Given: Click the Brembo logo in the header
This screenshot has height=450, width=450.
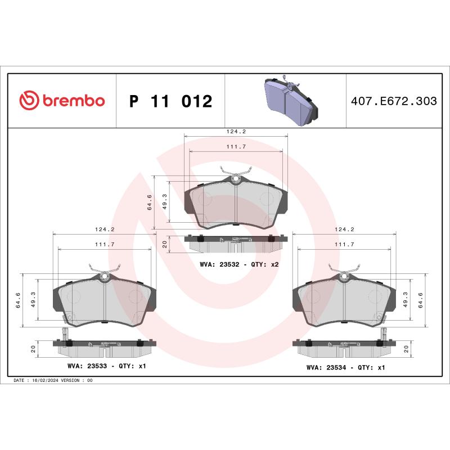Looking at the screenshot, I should [x=62, y=101].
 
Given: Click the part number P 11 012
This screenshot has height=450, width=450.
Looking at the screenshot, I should [x=170, y=101].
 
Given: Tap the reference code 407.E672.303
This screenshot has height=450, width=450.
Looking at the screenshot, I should [x=393, y=101].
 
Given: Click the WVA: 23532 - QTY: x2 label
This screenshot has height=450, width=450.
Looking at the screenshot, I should [x=240, y=264].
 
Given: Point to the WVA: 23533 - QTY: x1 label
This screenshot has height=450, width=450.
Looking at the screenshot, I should [x=107, y=366].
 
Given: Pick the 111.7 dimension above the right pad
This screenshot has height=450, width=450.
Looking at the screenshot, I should [x=344, y=244].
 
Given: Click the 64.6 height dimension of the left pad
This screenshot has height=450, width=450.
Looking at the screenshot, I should [x=19, y=300].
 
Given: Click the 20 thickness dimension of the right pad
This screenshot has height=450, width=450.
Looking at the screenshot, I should [x=407, y=349].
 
